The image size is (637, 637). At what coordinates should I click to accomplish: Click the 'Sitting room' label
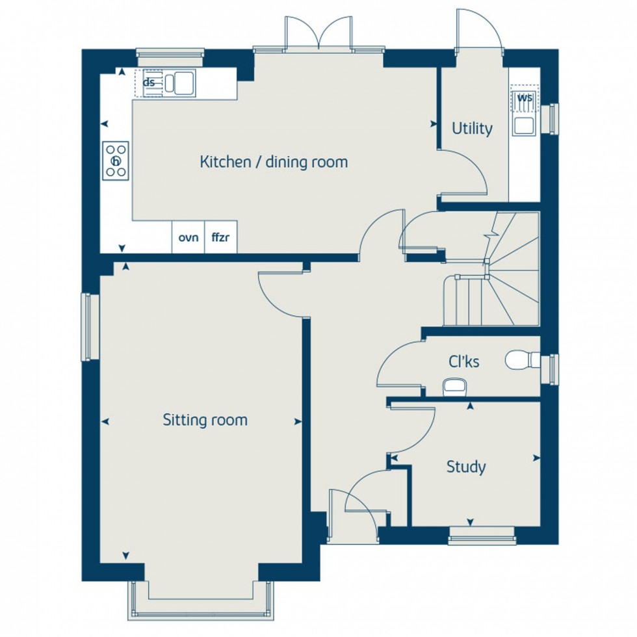point(205,420)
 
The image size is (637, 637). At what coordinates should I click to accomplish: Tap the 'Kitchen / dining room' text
point(274,161)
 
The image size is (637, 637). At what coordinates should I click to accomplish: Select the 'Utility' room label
point(473,129)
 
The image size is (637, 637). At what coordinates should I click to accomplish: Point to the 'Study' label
point(465,467)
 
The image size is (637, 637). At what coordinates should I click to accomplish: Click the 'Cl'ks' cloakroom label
point(464,361)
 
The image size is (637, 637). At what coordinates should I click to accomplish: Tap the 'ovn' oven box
point(188,237)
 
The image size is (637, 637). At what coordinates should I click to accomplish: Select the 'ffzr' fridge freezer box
point(221,237)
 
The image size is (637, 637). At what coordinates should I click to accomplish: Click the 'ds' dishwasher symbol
point(149,83)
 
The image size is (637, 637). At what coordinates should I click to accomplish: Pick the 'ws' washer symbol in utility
point(524,97)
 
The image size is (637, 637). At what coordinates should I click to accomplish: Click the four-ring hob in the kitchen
point(116,161)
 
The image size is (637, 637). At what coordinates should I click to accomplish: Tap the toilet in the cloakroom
point(522,359)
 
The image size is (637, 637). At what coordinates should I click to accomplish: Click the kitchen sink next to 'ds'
point(178,83)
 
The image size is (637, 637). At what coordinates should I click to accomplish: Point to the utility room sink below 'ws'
point(523,124)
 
